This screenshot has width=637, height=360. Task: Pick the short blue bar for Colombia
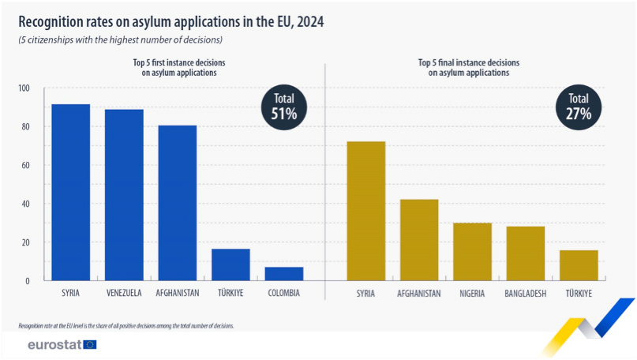[x=283, y=273]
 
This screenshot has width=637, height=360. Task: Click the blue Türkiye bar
[x=230, y=264]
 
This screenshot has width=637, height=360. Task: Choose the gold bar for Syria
[x=366, y=211]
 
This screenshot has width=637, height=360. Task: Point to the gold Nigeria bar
[x=472, y=251]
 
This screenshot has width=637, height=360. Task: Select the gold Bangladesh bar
[x=526, y=253]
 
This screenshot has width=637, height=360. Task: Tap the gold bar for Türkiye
[x=579, y=264]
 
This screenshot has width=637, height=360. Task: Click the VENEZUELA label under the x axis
[x=124, y=294]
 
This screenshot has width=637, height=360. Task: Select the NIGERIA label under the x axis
[x=472, y=294]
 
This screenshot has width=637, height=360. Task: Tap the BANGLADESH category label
[x=526, y=294]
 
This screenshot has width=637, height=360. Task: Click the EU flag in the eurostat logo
[x=89, y=344]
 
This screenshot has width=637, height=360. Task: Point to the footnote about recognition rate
[x=126, y=325]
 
